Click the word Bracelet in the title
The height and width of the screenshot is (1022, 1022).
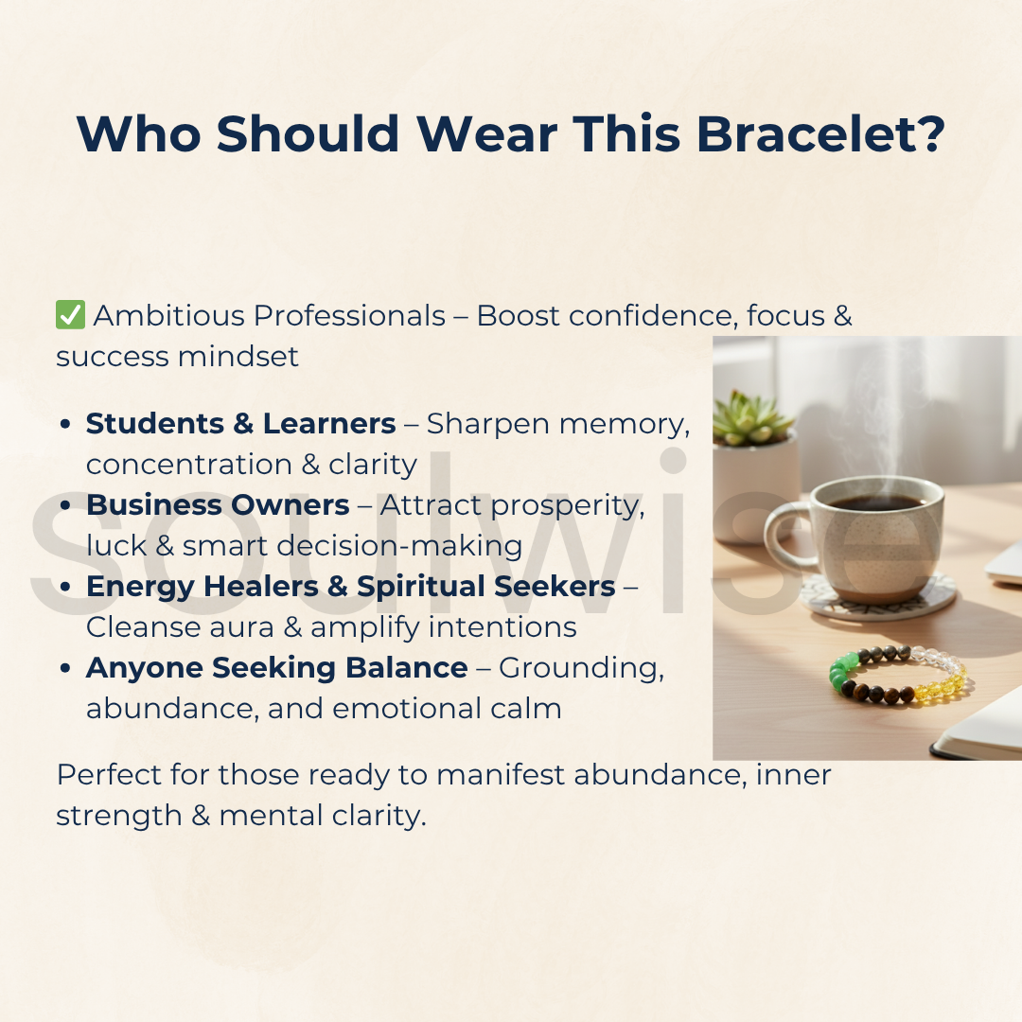pyautogui.click(x=820, y=134)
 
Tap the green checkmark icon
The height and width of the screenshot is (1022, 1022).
pyautogui.click(x=70, y=315)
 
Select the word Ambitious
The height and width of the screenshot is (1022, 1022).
pyautogui.click(x=169, y=316)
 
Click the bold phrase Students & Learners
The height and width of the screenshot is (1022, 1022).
pyautogui.click(x=240, y=424)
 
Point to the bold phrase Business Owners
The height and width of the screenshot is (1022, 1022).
pyautogui.click(x=218, y=505)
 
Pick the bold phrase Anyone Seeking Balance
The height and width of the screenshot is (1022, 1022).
pyautogui.click(x=277, y=669)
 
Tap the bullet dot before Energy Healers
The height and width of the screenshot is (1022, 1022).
pyautogui.click(x=65, y=587)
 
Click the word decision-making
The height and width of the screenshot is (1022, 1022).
pyautogui.click(x=399, y=546)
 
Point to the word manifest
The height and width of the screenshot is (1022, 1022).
pyautogui.click(x=500, y=775)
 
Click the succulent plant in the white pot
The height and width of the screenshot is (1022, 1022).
pyautogui.click(x=750, y=418)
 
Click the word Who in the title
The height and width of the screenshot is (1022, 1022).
pyautogui.click(x=139, y=134)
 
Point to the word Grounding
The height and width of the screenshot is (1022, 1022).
pyautogui.click(x=581, y=669)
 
